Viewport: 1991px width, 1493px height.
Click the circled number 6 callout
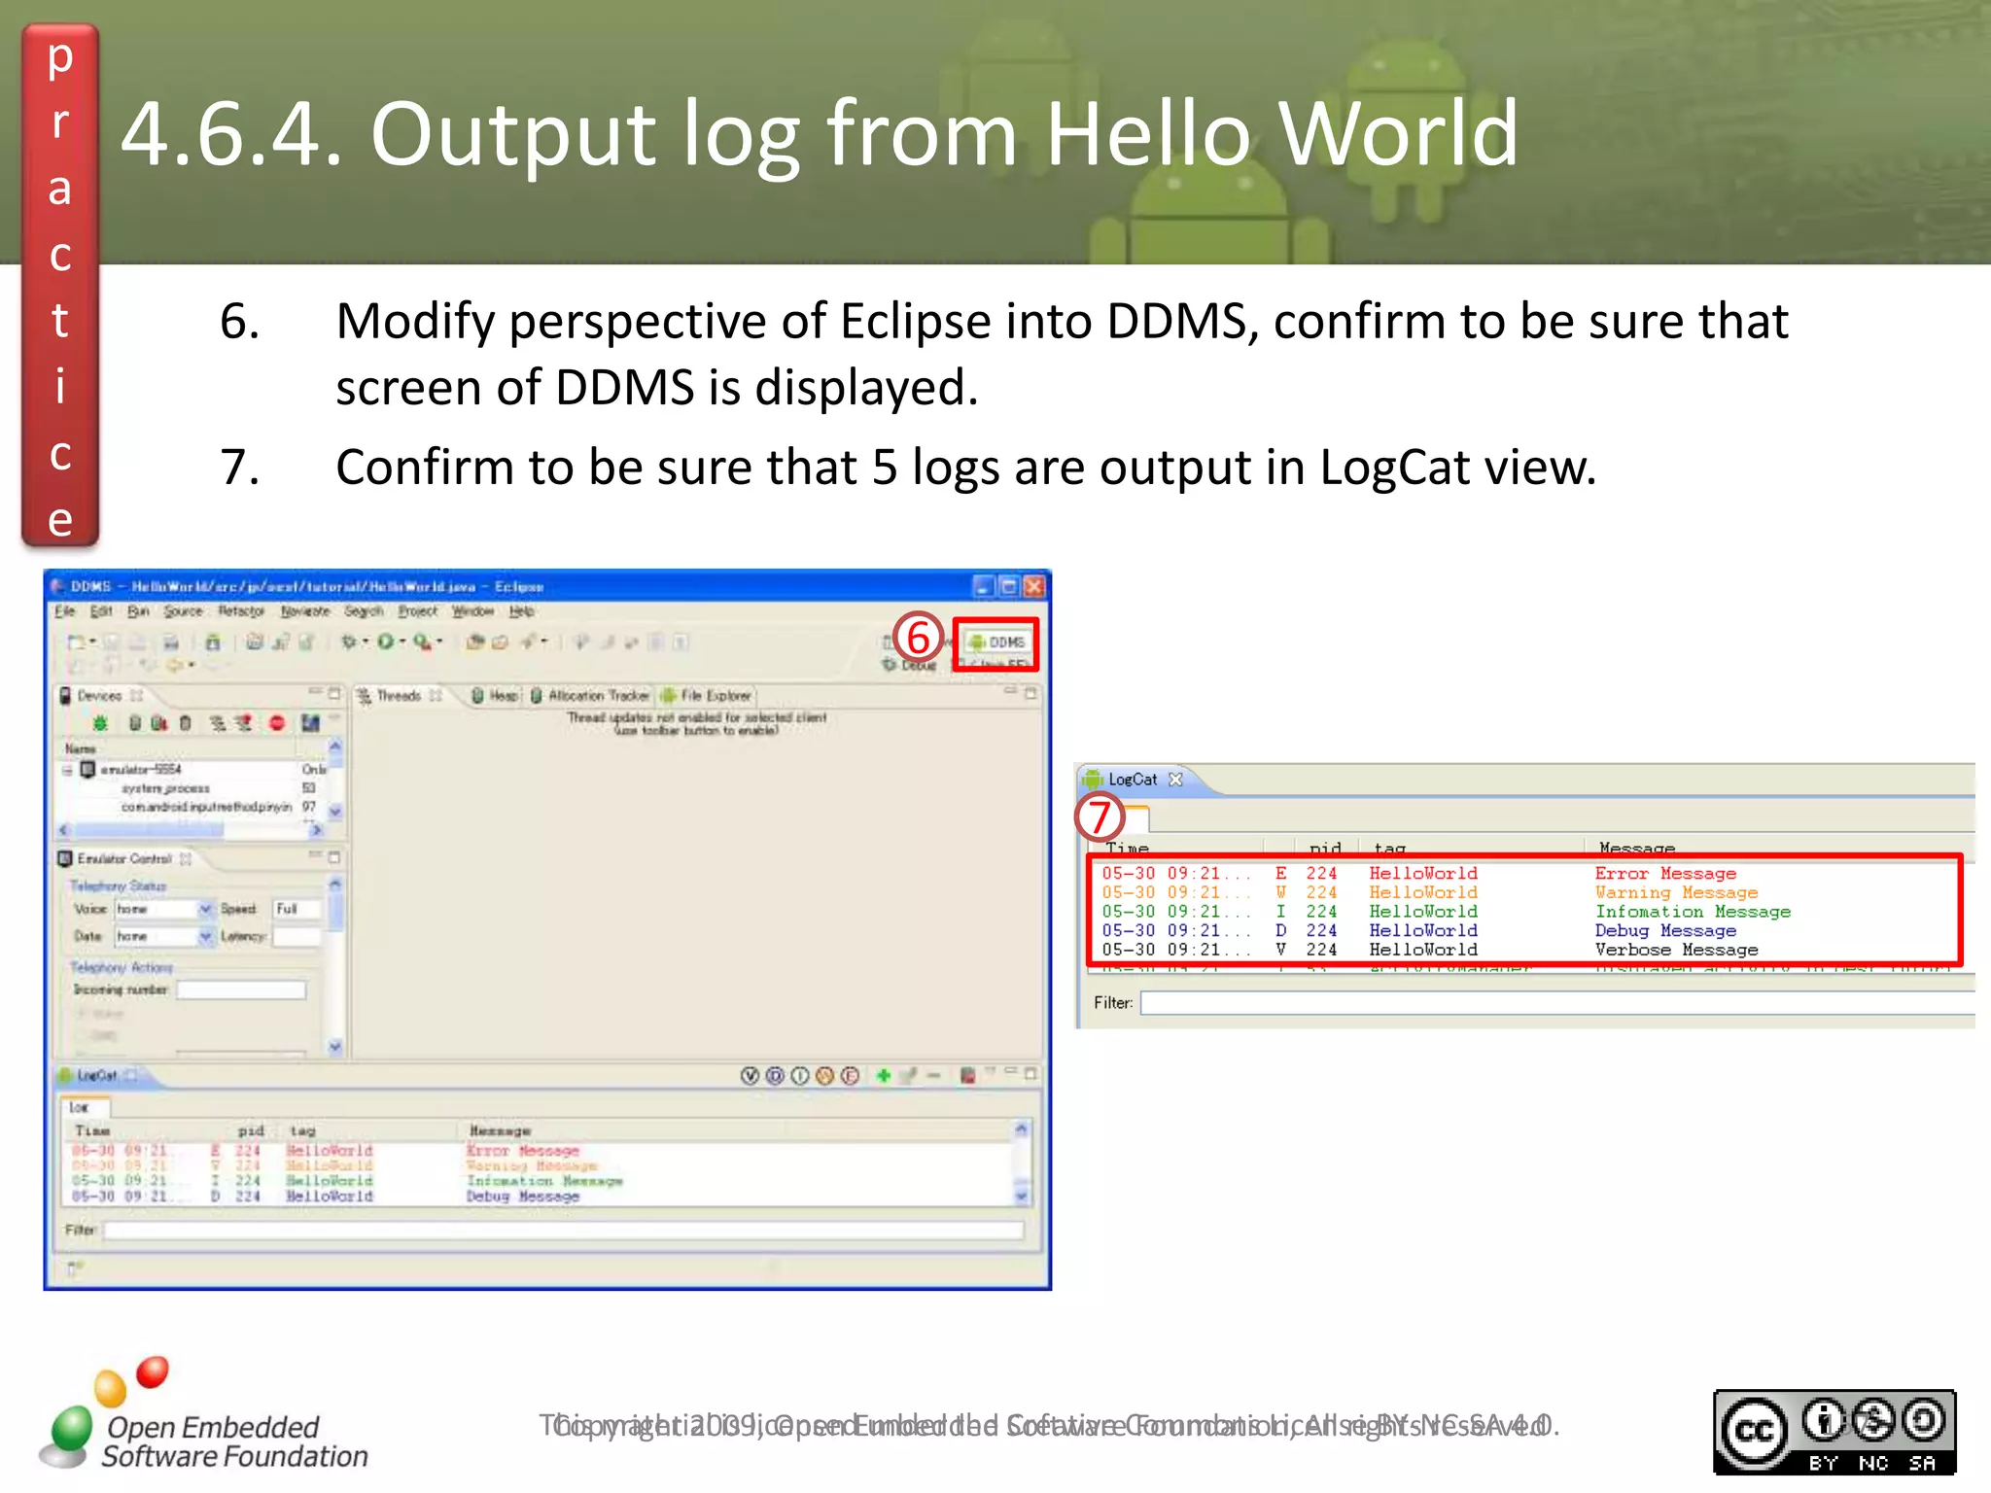919,639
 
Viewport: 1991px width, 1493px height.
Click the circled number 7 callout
1100,816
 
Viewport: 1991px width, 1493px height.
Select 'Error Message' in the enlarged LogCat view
1664,874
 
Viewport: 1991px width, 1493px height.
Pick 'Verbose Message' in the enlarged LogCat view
1675,950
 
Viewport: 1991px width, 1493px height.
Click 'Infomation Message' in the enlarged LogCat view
1692,912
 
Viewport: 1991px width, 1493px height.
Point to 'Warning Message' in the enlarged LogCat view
1675,892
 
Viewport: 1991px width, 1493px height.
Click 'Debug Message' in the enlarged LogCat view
1664,930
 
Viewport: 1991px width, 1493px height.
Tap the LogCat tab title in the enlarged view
1133,780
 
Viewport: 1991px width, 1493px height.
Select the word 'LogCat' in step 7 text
1393,468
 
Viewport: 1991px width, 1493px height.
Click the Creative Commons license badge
1834,1432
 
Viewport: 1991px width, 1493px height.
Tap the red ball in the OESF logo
153,1371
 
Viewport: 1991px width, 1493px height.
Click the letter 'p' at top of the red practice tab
60,58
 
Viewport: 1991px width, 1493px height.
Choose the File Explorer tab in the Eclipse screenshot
715,696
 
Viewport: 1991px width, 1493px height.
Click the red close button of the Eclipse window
1034,586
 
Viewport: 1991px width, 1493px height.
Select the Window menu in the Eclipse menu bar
472,611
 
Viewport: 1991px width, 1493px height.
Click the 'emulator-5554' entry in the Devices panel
141,770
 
